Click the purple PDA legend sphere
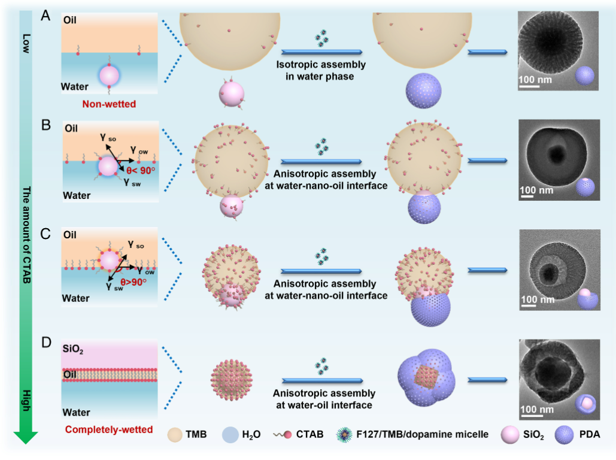click(565, 433)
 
